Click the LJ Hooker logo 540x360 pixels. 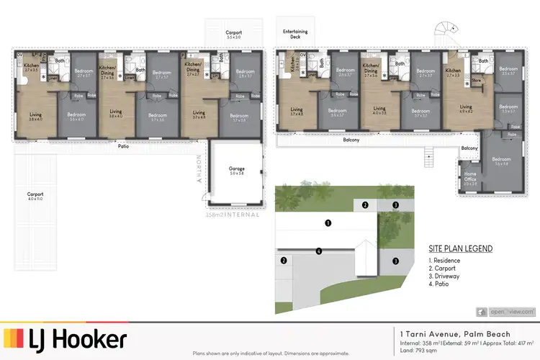coord(66,338)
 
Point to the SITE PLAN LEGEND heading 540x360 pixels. coord(461,248)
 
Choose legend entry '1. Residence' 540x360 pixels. coord(447,260)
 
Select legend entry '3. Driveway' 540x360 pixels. coord(446,276)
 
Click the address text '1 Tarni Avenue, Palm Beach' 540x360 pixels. coord(455,334)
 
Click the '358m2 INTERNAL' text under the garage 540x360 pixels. coord(233,214)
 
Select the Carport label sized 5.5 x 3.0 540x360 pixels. coord(234,34)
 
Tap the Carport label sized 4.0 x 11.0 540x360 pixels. coord(35,196)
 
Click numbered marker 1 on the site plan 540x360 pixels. coord(328,223)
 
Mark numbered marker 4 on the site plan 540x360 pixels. coord(318,251)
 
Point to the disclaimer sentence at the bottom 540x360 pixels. coord(270,354)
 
